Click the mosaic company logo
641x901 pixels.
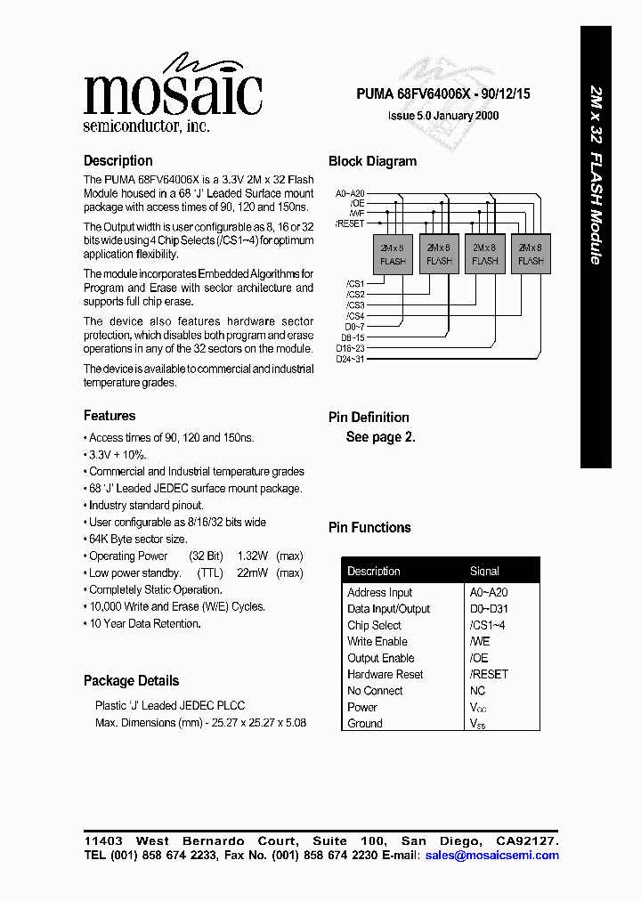tap(173, 93)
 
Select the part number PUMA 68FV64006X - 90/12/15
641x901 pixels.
tap(443, 93)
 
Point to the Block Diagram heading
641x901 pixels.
tap(372, 161)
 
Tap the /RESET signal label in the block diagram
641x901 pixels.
tap(349, 223)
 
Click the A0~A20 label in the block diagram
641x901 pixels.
tap(350, 194)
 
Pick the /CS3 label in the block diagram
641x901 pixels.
tap(354, 305)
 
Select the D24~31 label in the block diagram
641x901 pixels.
tap(350, 359)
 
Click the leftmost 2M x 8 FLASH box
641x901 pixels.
tap(393, 254)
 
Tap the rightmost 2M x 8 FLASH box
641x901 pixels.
tap(531, 254)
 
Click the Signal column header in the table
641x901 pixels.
tap(484, 571)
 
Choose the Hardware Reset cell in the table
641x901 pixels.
tap(385, 674)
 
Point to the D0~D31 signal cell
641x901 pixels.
tap(489, 609)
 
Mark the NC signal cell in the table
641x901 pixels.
tap(477, 690)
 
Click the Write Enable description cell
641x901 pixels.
tap(377, 641)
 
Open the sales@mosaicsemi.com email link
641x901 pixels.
tap(492, 855)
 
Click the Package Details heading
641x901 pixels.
tap(131, 681)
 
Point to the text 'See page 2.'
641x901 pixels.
tap(380, 437)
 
